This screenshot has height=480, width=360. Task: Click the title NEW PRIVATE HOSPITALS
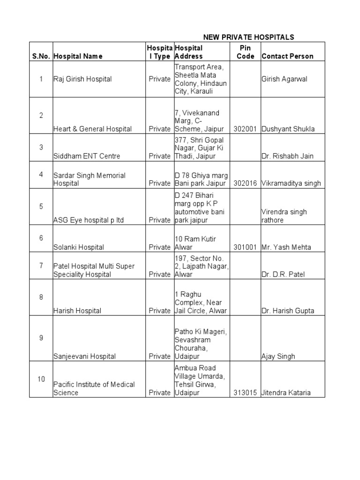pos(248,37)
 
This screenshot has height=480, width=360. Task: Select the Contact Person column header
pos(287,56)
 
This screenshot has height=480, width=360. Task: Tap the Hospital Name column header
pos(78,56)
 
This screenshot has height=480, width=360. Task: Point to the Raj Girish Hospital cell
pos(82,79)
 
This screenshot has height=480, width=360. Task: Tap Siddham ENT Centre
pos(87,156)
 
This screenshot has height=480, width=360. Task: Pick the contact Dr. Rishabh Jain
pos(287,156)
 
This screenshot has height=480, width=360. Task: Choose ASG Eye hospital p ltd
pos(89,220)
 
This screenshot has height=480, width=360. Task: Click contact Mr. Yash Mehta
pos(286,247)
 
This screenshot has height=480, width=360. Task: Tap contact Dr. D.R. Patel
pos(283,274)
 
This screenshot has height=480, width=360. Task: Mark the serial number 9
pos(41,338)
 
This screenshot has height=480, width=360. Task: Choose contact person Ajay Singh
pos(278,356)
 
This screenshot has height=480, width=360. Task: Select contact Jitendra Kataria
pos(286,393)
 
